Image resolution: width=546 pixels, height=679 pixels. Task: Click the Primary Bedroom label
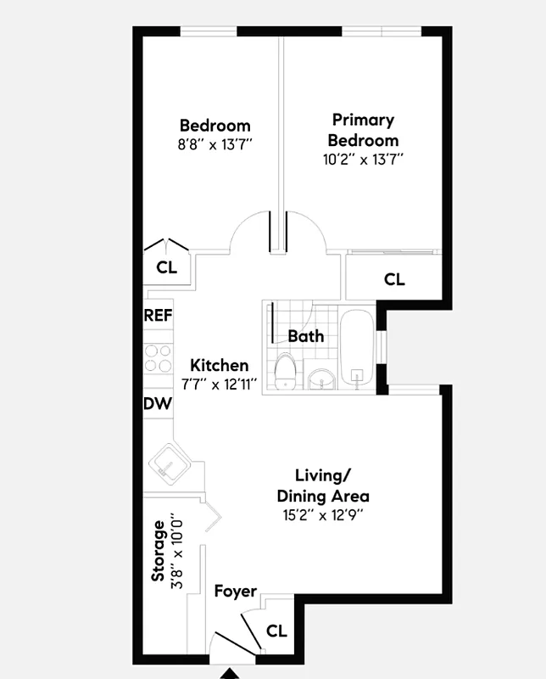pyautogui.click(x=364, y=130)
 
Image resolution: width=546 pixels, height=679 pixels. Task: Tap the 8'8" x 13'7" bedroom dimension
pyautogui.click(x=214, y=144)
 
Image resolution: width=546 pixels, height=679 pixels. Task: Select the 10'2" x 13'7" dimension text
pyautogui.click(x=364, y=159)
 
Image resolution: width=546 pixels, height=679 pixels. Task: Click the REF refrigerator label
pyautogui.click(x=159, y=315)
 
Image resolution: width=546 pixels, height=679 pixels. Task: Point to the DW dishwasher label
pyautogui.click(x=158, y=404)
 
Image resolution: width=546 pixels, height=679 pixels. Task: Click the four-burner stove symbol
pyautogui.click(x=158, y=357)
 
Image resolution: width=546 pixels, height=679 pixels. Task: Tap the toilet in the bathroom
pyautogui.click(x=286, y=371)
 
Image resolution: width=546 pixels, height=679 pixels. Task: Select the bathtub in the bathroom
pyautogui.click(x=357, y=351)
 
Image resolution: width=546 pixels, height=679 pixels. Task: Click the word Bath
pyautogui.click(x=306, y=336)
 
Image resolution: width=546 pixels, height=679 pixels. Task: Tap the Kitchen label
pyautogui.click(x=219, y=366)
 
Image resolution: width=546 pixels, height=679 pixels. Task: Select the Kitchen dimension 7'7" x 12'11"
pyautogui.click(x=219, y=384)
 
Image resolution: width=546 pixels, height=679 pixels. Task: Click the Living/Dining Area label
pyautogui.click(x=323, y=485)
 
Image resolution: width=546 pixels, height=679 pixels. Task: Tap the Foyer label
pyautogui.click(x=235, y=591)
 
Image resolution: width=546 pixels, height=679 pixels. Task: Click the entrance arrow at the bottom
pyautogui.click(x=230, y=673)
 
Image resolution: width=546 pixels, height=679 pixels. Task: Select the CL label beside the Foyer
pyautogui.click(x=276, y=631)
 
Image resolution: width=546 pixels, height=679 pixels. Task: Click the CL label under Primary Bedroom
pyautogui.click(x=394, y=279)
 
